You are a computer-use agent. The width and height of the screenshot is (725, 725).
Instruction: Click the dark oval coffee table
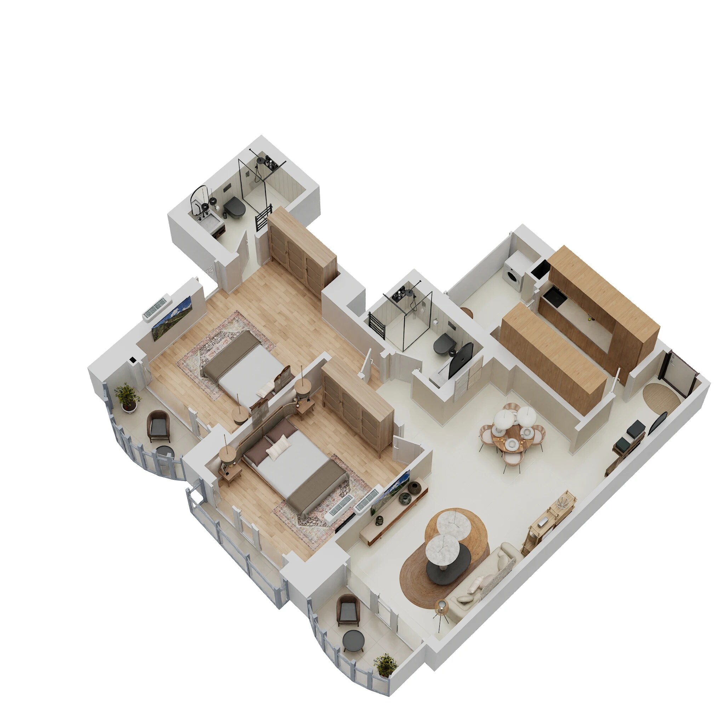[x=449, y=563]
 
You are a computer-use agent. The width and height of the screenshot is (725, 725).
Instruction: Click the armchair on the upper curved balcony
[x=159, y=426]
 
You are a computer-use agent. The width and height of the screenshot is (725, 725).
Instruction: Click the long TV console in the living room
[x=394, y=514]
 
